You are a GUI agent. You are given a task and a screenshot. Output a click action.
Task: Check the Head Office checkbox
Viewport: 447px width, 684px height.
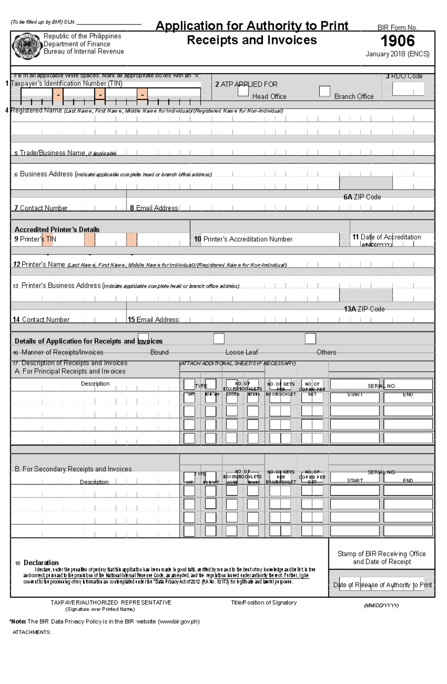pos(243,91)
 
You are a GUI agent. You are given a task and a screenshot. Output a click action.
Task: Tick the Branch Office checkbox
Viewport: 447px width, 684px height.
pos(325,91)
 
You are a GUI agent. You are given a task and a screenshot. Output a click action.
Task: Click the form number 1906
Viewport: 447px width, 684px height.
pos(397,41)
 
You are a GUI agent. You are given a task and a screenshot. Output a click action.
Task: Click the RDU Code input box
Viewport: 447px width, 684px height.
pos(408,89)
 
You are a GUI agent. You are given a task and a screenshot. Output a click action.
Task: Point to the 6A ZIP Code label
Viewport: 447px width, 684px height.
pos(362,197)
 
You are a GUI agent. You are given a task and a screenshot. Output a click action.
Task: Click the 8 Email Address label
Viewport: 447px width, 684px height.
pos(154,208)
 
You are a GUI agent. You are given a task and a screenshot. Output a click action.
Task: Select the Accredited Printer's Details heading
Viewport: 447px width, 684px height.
pos(57,230)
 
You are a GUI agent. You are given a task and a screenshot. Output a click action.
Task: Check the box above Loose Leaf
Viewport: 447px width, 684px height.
pos(219,338)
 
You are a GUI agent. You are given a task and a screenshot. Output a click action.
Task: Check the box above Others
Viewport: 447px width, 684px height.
pos(310,338)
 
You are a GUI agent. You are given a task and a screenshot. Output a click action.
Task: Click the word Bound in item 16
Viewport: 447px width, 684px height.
pos(159,352)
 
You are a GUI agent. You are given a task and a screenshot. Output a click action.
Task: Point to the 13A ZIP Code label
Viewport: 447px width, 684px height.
pos(364,309)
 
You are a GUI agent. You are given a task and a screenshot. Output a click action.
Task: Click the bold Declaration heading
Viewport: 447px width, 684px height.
pos(41,562)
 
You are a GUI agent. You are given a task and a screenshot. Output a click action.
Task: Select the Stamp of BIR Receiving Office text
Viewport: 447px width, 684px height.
pos(381,554)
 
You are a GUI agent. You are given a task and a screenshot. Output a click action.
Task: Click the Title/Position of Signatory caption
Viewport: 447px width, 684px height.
pos(264,602)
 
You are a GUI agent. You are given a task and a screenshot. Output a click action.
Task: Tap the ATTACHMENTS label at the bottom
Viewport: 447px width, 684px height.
pos(32,632)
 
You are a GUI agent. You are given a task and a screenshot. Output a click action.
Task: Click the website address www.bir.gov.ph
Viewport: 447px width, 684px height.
pos(178,621)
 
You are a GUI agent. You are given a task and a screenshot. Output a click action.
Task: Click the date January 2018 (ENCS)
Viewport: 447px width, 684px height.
pos(397,54)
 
